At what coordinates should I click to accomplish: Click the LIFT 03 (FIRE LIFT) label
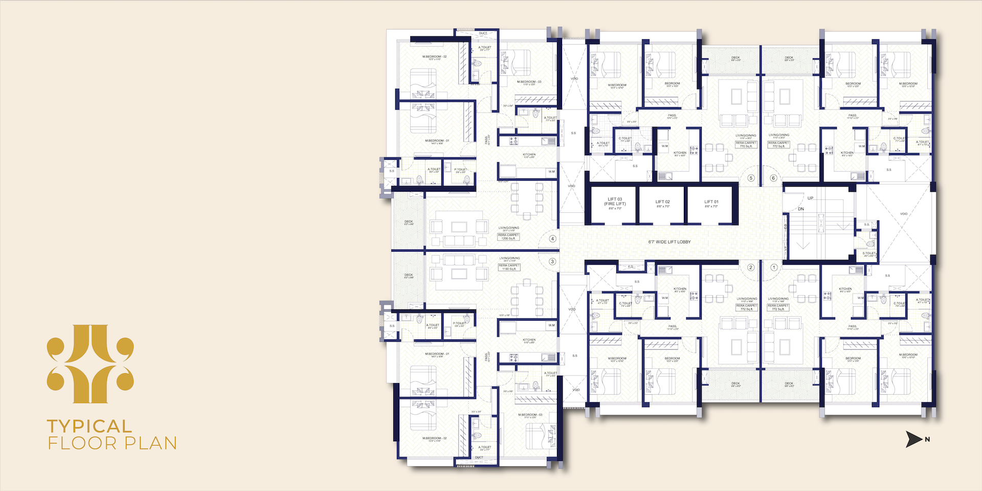point(615,203)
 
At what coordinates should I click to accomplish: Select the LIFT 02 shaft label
point(662,203)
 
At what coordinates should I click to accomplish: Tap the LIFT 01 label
point(711,203)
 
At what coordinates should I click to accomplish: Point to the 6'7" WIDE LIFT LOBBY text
point(669,242)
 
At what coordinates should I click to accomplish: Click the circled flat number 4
point(552,239)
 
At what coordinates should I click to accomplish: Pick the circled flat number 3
point(552,261)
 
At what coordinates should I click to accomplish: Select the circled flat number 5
point(751,178)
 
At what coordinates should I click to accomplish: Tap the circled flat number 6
point(773,178)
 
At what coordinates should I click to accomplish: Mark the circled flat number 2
point(751,267)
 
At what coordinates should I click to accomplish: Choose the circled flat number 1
point(774,267)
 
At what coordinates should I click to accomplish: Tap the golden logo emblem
point(90,364)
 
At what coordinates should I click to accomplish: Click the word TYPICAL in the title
point(90,426)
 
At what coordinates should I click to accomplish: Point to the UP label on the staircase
point(810,198)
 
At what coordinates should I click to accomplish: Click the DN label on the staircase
point(801,209)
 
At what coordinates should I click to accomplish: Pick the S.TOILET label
point(869,254)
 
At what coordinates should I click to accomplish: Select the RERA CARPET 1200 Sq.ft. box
point(508,237)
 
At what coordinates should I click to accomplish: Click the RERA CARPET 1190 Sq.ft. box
point(509,267)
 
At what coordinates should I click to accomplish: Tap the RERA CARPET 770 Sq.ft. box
point(746,145)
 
